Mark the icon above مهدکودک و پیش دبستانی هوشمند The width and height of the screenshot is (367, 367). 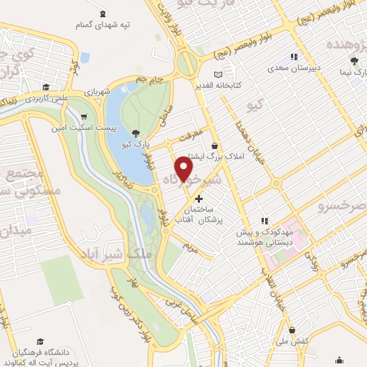coord(264,221)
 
